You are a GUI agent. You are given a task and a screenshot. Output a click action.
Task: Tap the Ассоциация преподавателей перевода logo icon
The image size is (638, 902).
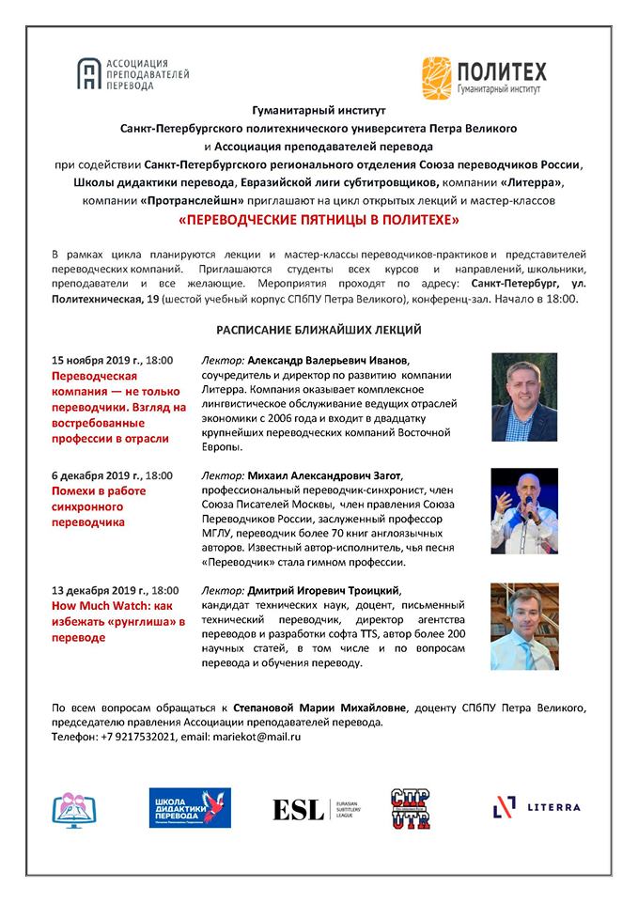click(x=89, y=72)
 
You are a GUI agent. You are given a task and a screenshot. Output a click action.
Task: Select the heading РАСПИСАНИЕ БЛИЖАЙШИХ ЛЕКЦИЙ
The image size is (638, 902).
click(x=319, y=330)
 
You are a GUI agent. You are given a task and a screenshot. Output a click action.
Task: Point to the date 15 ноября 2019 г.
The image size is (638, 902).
click(x=96, y=360)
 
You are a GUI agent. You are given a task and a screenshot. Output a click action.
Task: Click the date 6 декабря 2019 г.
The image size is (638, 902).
click(x=94, y=475)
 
